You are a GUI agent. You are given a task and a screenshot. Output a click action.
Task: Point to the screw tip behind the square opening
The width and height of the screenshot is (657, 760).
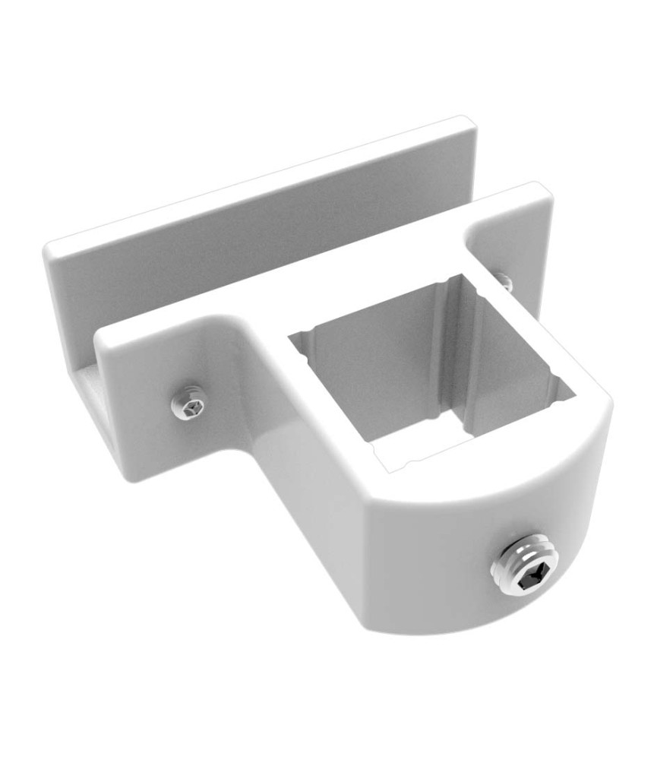click(x=506, y=282)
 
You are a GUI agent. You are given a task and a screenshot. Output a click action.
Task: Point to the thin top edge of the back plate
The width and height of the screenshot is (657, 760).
click(x=258, y=182)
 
